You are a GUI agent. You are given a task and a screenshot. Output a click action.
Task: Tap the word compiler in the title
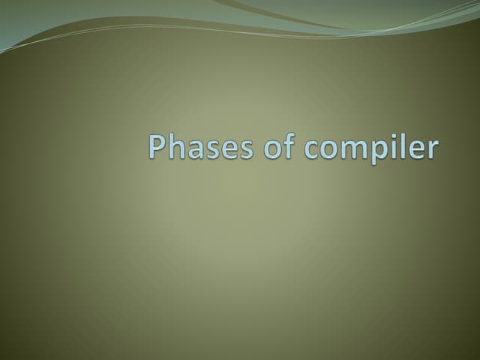click(370, 148)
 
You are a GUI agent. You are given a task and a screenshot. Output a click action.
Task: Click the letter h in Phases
click(174, 146)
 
